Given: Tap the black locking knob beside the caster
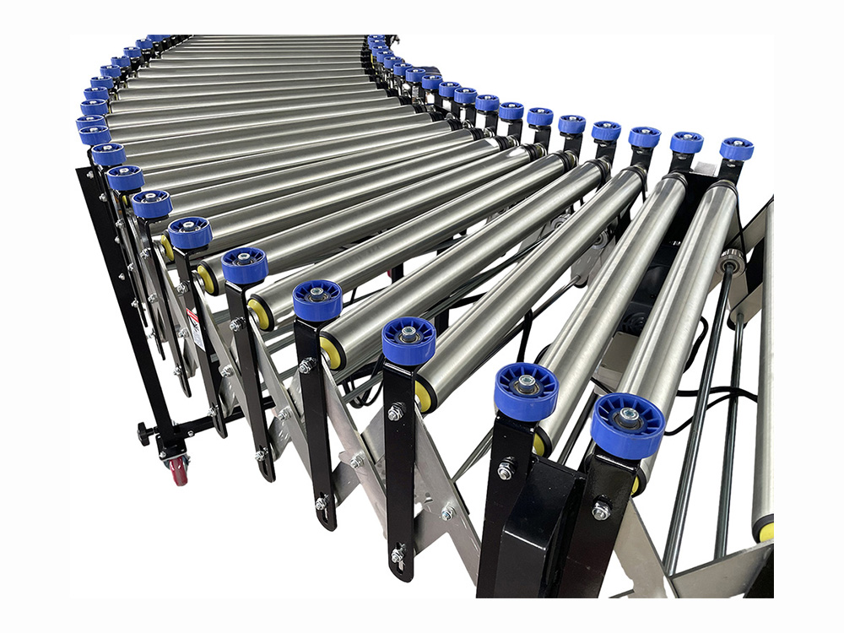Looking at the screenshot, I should (x=144, y=433).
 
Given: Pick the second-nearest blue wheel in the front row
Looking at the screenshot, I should (x=526, y=391).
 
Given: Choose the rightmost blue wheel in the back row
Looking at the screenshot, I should (x=736, y=149).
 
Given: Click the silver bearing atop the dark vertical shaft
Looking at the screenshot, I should (x=732, y=261).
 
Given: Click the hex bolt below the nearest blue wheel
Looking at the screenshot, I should (x=600, y=510).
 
